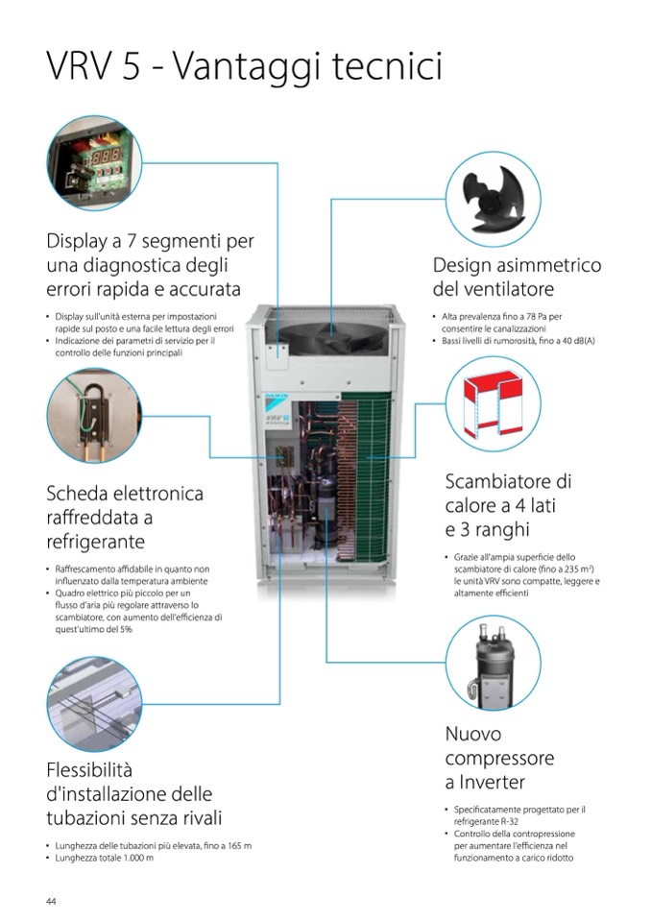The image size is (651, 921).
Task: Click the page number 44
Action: click(x=51, y=901)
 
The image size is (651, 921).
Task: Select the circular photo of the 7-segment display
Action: click(x=94, y=162)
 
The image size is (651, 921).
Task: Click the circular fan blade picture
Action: click(x=494, y=199)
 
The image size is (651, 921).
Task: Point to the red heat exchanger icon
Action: click(x=494, y=404)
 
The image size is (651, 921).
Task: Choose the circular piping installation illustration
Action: click(x=94, y=704)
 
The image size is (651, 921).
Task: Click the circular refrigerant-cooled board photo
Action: click(x=94, y=416)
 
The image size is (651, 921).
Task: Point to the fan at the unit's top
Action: click(x=332, y=338)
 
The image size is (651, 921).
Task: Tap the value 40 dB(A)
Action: click(x=578, y=341)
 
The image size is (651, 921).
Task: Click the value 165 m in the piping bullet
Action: click(x=238, y=846)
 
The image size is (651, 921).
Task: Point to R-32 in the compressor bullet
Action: click(x=507, y=822)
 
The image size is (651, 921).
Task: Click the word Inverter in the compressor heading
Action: click(x=492, y=782)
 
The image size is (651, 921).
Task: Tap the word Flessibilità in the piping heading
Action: click(x=89, y=769)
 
